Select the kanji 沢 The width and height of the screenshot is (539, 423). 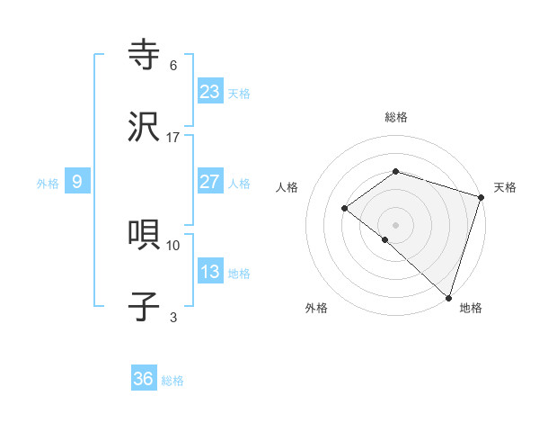146,128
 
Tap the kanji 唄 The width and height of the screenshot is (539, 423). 146,235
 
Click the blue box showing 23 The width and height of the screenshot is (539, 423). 210,92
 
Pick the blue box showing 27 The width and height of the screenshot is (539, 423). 210,182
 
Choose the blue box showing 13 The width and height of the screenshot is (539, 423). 210,272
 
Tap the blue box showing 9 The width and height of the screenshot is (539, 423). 77,182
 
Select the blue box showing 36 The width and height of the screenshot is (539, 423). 144,379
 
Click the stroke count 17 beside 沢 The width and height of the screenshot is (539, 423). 173,138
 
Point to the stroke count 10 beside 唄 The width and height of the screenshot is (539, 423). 173,245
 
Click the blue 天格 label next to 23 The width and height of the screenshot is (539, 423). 239,94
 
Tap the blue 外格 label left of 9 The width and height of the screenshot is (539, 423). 48,184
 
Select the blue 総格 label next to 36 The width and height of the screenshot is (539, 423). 172,381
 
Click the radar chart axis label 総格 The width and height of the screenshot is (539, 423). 395,117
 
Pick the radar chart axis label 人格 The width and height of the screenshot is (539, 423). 287,187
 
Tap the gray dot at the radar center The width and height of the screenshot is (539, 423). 395,224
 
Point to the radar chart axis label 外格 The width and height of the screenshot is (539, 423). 316,308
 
